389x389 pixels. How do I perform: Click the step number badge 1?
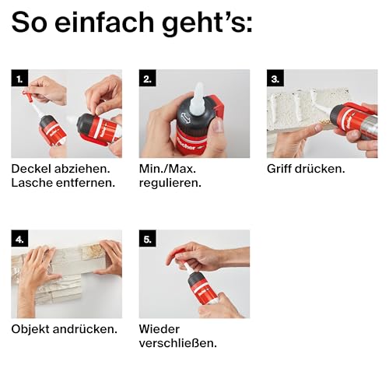point(19,78)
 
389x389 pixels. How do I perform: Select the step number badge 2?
point(146,78)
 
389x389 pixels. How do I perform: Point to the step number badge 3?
point(275,78)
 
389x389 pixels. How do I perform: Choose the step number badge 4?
point(19,239)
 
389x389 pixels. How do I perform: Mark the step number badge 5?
point(146,239)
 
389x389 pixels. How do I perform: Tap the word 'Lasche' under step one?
point(33,183)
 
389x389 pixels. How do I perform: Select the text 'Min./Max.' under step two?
point(169,168)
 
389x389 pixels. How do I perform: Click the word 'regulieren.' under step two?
point(170,183)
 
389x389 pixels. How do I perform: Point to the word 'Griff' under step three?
point(281,168)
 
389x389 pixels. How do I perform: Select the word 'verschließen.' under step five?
point(177,343)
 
